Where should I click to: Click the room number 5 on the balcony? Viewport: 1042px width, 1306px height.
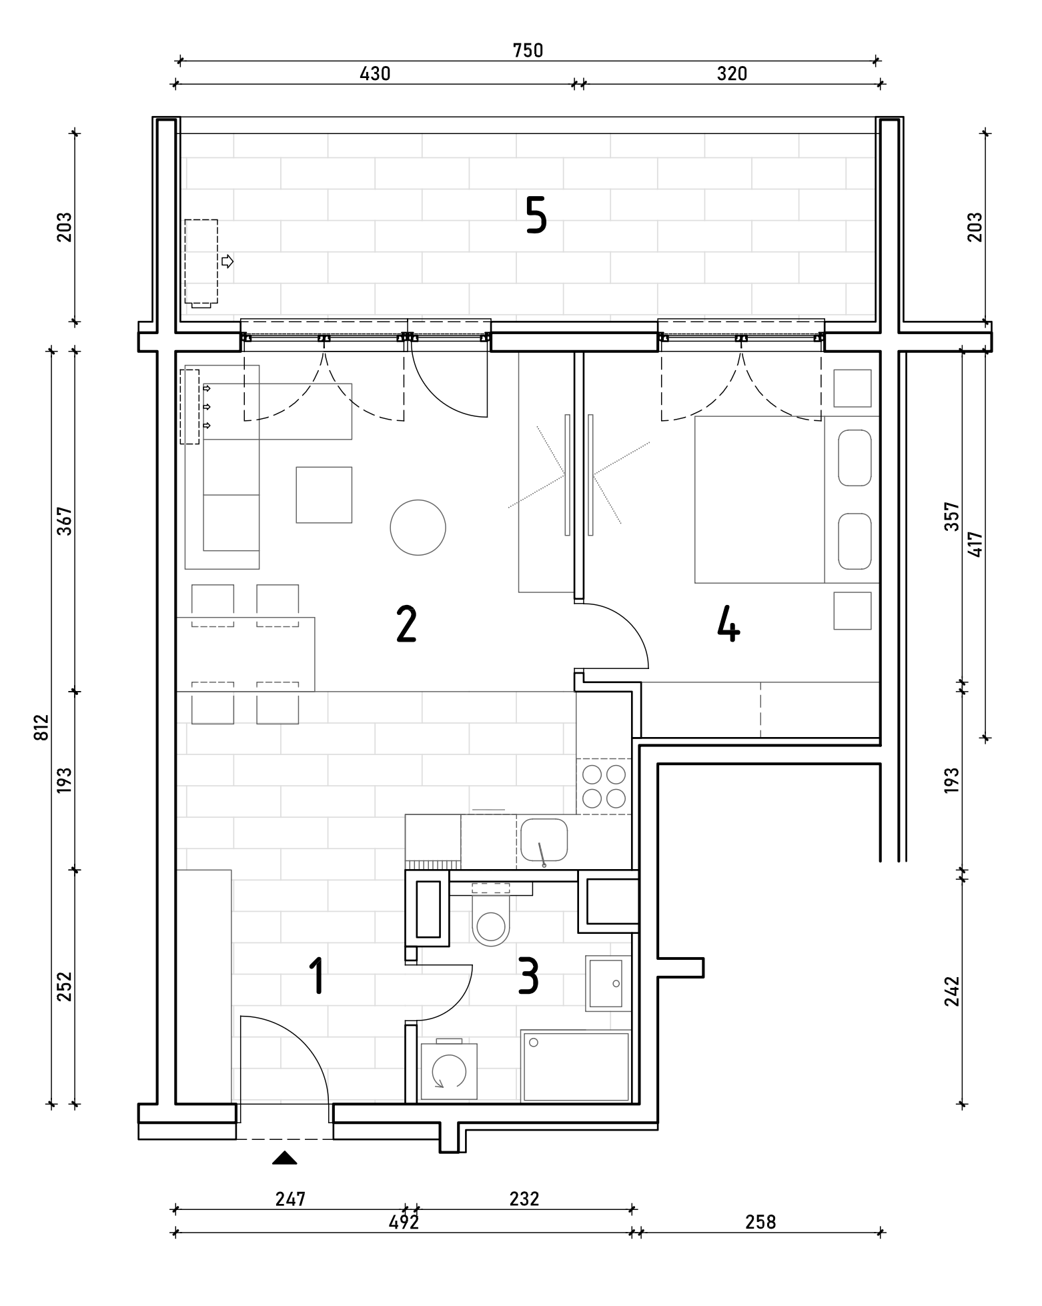pyautogui.click(x=536, y=215)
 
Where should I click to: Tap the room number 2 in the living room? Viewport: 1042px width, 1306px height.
pyautogui.click(x=406, y=624)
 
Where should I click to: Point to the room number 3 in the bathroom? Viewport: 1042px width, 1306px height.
pyautogui.click(x=528, y=976)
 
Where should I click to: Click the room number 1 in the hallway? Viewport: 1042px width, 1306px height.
pyautogui.click(x=317, y=976)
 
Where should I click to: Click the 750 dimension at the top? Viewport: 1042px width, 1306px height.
pyautogui.click(x=528, y=51)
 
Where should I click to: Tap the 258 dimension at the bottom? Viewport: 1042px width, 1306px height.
pyautogui.click(x=760, y=1222)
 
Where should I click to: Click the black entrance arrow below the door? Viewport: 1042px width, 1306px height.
pyautogui.click(x=285, y=1158)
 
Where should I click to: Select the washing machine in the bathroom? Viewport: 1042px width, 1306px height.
pyautogui.click(x=449, y=1071)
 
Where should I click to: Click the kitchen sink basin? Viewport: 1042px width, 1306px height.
pyautogui.click(x=544, y=840)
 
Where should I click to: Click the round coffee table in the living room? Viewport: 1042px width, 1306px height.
pyautogui.click(x=418, y=528)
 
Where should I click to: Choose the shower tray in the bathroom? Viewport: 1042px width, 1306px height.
pyautogui.click(x=576, y=1067)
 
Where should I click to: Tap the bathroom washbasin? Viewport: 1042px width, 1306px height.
pyautogui.click(x=606, y=984)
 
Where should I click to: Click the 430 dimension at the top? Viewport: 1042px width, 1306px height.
pyautogui.click(x=375, y=73)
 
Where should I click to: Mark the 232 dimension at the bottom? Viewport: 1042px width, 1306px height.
pyautogui.click(x=524, y=1199)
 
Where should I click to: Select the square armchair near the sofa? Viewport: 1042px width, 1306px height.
pyautogui.click(x=324, y=494)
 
